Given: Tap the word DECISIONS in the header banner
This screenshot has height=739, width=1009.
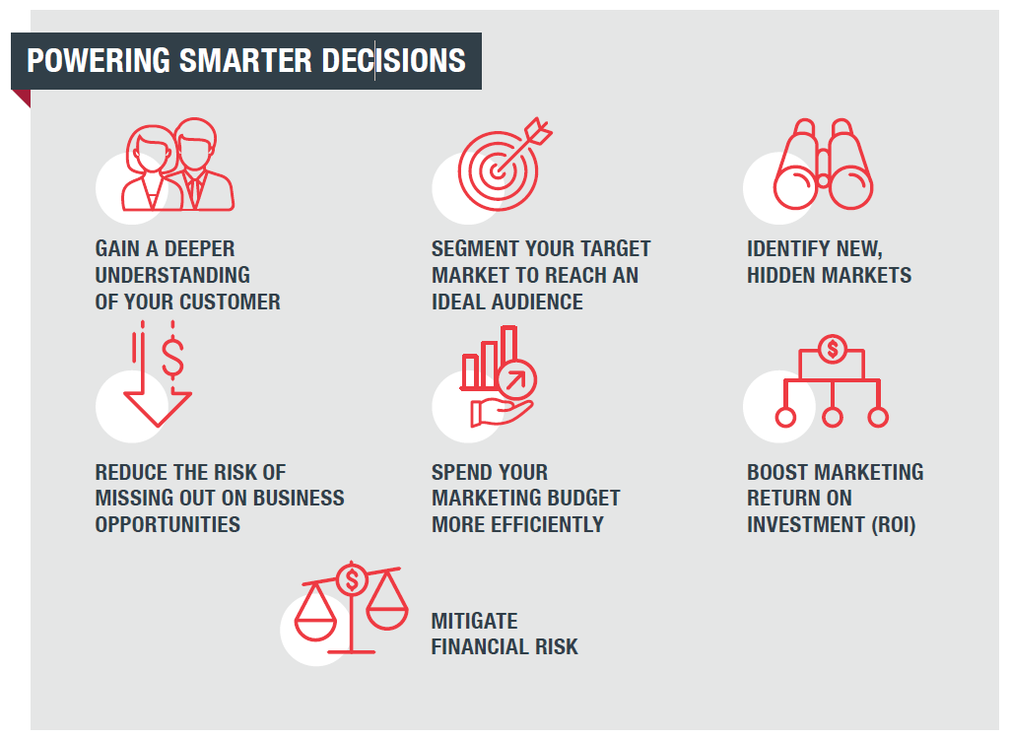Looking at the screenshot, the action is point(394,60).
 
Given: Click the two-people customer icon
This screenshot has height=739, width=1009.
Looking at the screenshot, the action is point(178,165).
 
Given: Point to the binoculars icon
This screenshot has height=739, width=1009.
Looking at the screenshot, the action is point(823,165).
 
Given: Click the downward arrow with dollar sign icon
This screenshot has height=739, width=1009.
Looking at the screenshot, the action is point(159,374).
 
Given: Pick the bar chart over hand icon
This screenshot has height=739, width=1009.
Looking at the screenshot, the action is point(498,376).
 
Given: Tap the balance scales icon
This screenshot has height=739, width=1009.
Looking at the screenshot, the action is point(352,608).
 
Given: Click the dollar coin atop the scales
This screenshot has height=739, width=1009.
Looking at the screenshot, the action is point(352,579).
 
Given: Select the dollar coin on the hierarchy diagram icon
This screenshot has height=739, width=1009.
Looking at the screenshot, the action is point(832,350).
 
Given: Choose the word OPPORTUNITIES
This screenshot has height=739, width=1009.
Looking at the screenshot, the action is point(168,524).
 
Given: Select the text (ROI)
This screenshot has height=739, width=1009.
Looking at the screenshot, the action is point(893,524).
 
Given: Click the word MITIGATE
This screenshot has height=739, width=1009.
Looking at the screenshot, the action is point(474,621).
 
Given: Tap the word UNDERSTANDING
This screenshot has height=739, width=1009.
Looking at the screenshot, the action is point(172,276).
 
